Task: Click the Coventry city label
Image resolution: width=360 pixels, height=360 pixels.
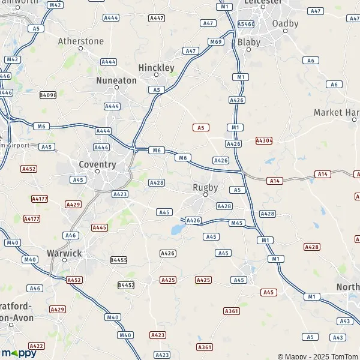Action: (x=97, y=164)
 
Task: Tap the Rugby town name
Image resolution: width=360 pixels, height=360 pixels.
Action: (x=205, y=187)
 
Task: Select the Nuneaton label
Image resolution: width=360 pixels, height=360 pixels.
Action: (x=116, y=80)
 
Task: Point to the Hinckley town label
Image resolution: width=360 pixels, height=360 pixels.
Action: (x=156, y=68)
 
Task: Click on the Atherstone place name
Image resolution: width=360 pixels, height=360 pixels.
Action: (x=81, y=41)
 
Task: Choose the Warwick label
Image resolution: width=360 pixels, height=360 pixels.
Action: (x=64, y=253)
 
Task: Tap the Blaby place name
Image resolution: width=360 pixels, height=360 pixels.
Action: (x=248, y=42)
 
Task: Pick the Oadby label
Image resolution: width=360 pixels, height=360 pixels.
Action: (x=285, y=23)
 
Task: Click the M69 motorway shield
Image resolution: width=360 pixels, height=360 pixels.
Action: (x=216, y=41)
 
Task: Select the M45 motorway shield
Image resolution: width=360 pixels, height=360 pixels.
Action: (x=238, y=223)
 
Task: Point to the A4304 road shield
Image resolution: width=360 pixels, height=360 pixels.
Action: (x=264, y=140)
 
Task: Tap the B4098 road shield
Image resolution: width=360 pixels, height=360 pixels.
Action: (x=48, y=95)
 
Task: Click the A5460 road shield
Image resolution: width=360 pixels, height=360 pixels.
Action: (x=246, y=24)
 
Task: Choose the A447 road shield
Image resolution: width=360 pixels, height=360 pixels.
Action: (x=157, y=19)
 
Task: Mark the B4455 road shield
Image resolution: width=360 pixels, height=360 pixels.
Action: (x=119, y=260)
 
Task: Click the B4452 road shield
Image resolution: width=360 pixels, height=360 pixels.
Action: (x=127, y=285)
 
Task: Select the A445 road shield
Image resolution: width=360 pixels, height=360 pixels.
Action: (x=100, y=227)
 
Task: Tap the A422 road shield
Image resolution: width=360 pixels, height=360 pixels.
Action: (x=37, y=346)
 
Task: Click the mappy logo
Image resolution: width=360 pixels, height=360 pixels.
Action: (x=19, y=353)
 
